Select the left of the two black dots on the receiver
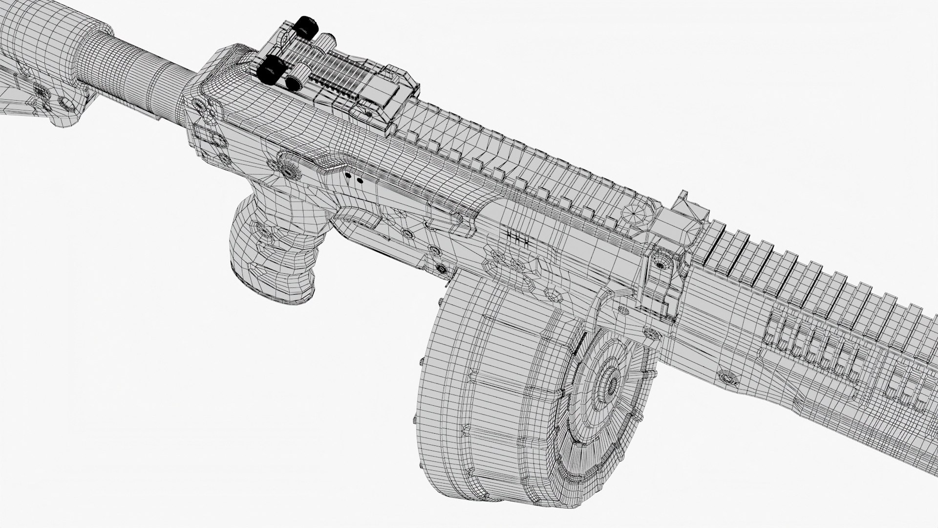pyautogui.click(x=348, y=175)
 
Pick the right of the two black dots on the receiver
pyautogui.click(x=360, y=180)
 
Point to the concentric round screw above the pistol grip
pyautogui.click(x=288, y=169)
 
